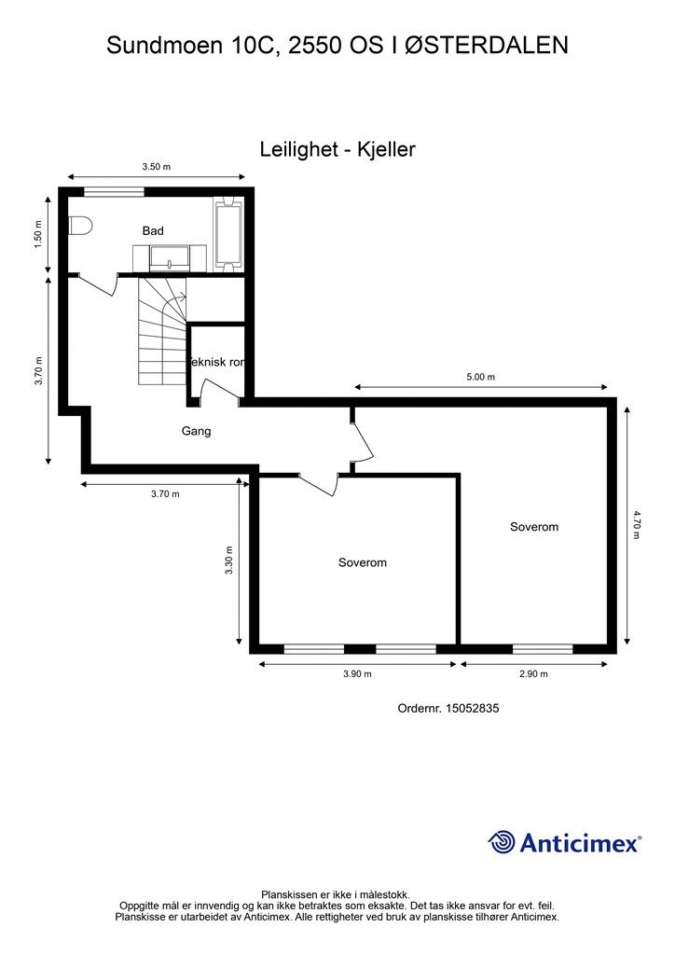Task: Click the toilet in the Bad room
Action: [79, 227]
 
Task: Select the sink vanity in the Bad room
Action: [170, 256]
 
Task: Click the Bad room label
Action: [153, 230]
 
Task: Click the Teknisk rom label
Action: [217, 362]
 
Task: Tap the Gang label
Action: [196, 431]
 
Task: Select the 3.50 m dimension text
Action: [156, 167]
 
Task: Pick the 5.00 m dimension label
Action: [480, 378]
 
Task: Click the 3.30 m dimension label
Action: [229, 561]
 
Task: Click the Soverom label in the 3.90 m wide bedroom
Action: [362, 562]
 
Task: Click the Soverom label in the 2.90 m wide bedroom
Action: [533, 527]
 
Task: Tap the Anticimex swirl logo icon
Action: [502, 842]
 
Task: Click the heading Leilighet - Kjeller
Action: [337, 149]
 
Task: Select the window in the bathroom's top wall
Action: [114, 192]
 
